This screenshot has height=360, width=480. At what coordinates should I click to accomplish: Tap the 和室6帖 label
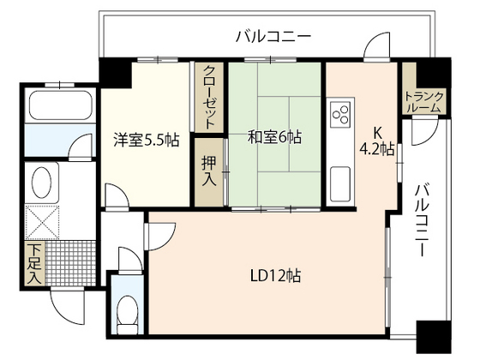coord(274,136)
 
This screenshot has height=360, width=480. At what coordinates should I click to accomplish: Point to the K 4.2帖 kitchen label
coord(376,141)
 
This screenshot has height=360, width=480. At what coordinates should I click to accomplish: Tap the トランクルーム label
coord(423,101)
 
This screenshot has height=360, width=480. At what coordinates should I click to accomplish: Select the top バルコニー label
coord(273,36)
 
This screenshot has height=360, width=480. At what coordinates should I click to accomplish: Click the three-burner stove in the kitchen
coord(339,115)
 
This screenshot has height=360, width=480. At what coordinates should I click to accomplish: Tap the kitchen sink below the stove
coord(339,181)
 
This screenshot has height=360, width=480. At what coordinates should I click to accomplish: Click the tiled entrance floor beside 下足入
coord(68,262)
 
